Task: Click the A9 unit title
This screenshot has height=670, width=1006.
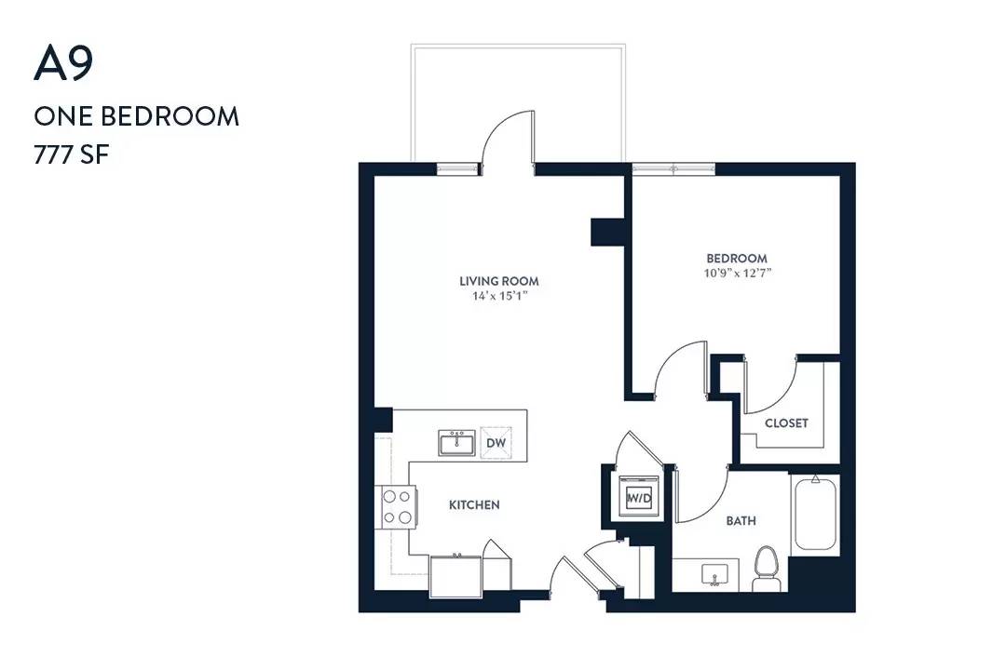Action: pos(63,63)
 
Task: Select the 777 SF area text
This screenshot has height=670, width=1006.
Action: pos(71,155)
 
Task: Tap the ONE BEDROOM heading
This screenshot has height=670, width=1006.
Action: pos(137,116)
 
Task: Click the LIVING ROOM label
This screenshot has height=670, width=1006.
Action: pos(499,281)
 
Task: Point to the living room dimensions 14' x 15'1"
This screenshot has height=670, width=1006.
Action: pos(499,296)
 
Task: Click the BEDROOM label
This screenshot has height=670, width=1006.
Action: pos(737,259)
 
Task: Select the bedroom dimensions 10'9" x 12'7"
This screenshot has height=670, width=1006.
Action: pos(737,274)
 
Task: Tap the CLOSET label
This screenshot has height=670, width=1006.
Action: pos(786,423)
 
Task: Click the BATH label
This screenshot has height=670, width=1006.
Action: pos(741,520)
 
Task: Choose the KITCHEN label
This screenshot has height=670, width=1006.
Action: pos(474,505)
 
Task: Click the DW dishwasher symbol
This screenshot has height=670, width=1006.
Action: pos(496,443)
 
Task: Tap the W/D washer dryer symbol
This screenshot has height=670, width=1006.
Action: pos(639,497)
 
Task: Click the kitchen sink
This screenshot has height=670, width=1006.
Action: pos(456,442)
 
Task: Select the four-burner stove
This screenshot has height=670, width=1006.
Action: pos(397,507)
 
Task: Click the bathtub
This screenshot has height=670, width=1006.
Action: pos(815,514)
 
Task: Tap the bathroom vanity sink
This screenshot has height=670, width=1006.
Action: pos(714,574)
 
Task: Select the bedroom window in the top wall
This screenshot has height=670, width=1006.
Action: pos(673,168)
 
